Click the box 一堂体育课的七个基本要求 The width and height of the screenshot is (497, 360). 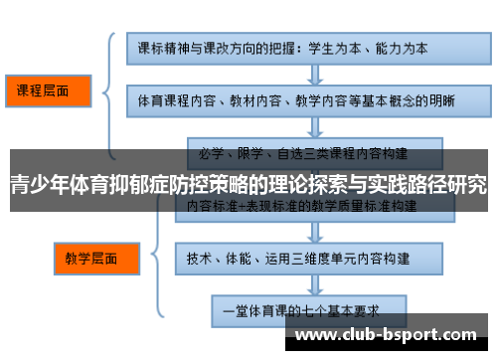tap(308, 309)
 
